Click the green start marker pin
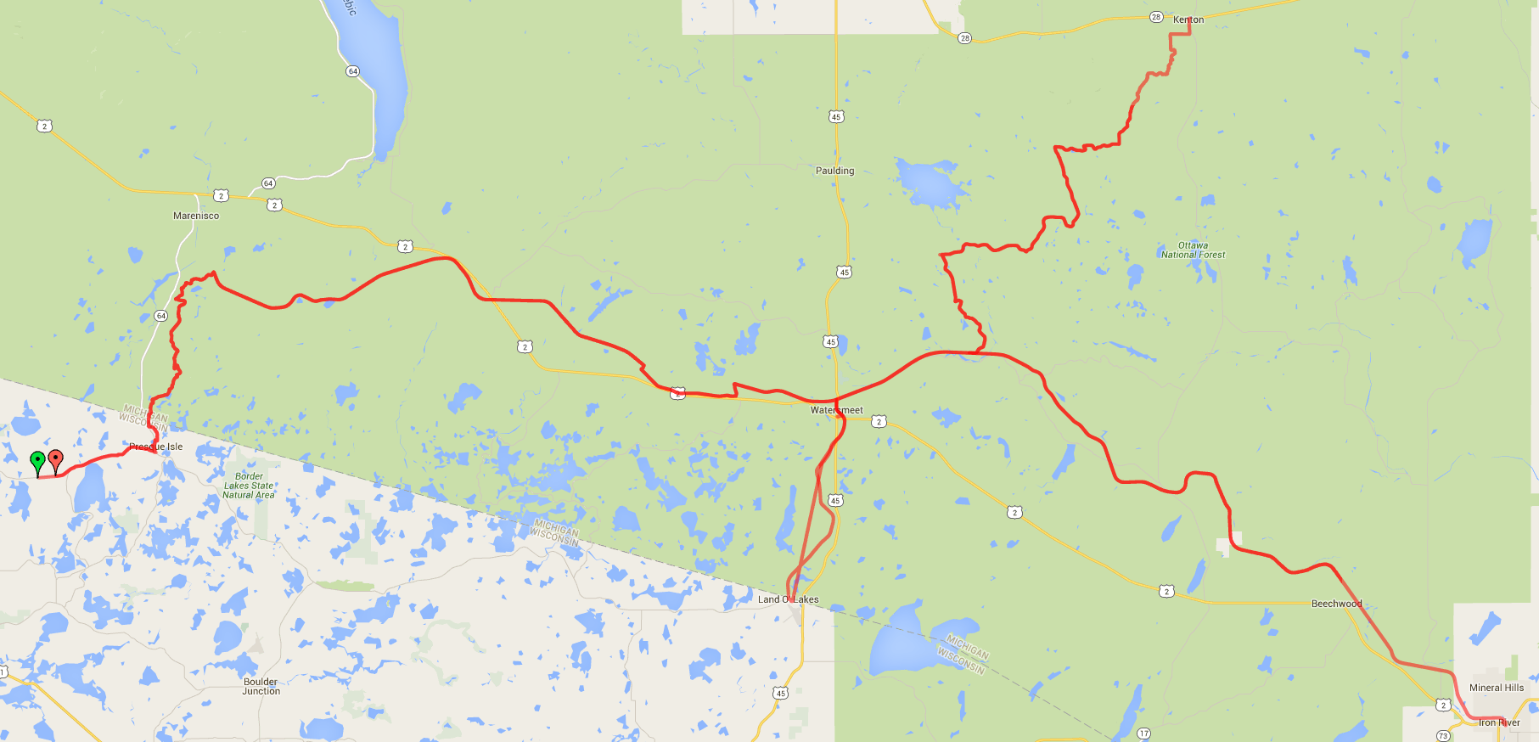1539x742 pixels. (x=37, y=462)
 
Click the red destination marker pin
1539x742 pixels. (x=56, y=460)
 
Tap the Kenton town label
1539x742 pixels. (x=1188, y=20)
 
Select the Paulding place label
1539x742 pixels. (x=834, y=171)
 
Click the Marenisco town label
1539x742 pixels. (x=196, y=216)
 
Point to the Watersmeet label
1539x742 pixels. (x=836, y=410)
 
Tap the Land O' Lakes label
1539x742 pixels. (x=788, y=599)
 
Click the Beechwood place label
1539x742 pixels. (x=1336, y=604)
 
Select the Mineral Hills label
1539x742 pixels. (x=1496, y=688)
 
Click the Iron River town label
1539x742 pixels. (x=1498, y=723)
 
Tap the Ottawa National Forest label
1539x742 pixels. (x=1193, y=250)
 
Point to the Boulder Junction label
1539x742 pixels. (x=261, y=686)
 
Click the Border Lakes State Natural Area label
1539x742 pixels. (x=249, y=486)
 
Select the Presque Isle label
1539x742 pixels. (x=156, y=447)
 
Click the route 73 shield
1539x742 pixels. (x=1443, y=735)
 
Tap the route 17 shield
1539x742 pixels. (x=1143, y=734)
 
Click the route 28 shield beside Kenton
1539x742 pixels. (x=1156, y=17)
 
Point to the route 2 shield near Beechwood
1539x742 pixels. (x=1166, y=591)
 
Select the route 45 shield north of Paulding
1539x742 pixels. (x=836, y=117)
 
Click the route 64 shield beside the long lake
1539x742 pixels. (x=353, y=71)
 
